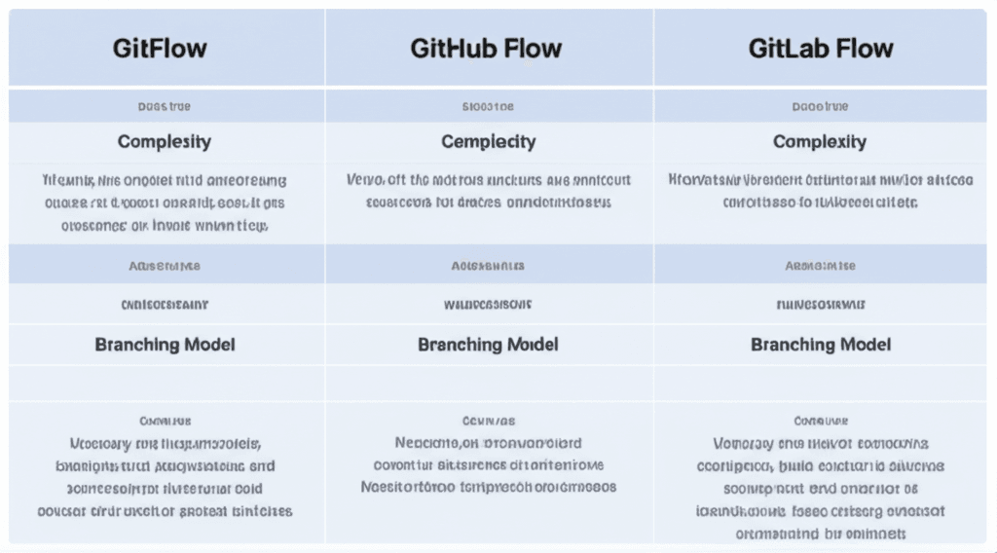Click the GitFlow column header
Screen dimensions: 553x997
pyautogui.click(x=160, y=49)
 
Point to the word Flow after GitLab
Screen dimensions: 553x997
pyautogui.click(x=864, y=49)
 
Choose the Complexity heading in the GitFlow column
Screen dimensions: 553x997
pyautogui.click(x=165, y=141)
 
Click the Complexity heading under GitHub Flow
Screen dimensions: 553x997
pyautogui.click(x=489, y=141)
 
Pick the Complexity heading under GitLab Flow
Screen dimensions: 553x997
pyautogui.click(x=820, y=141)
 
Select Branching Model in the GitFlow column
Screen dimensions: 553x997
pyautogui.click(x=165, y=345)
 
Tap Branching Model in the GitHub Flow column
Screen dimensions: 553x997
pyautogui.click(x=489, y=345)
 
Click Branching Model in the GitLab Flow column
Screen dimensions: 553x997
pyautogui.click(x=821, y=345)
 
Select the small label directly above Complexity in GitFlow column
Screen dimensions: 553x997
pyautogui.click(x=165, y=106)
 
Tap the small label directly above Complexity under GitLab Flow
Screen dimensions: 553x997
pyautogui.click(x=820, y=106)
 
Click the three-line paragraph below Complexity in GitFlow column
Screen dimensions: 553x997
pyautogui.click(x=165, y=203)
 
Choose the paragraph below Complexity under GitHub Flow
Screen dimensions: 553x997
pyautogui.click(x=489, y=192)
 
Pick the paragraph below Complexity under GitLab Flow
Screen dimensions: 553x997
pyautogui.click(x=820, y=192)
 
